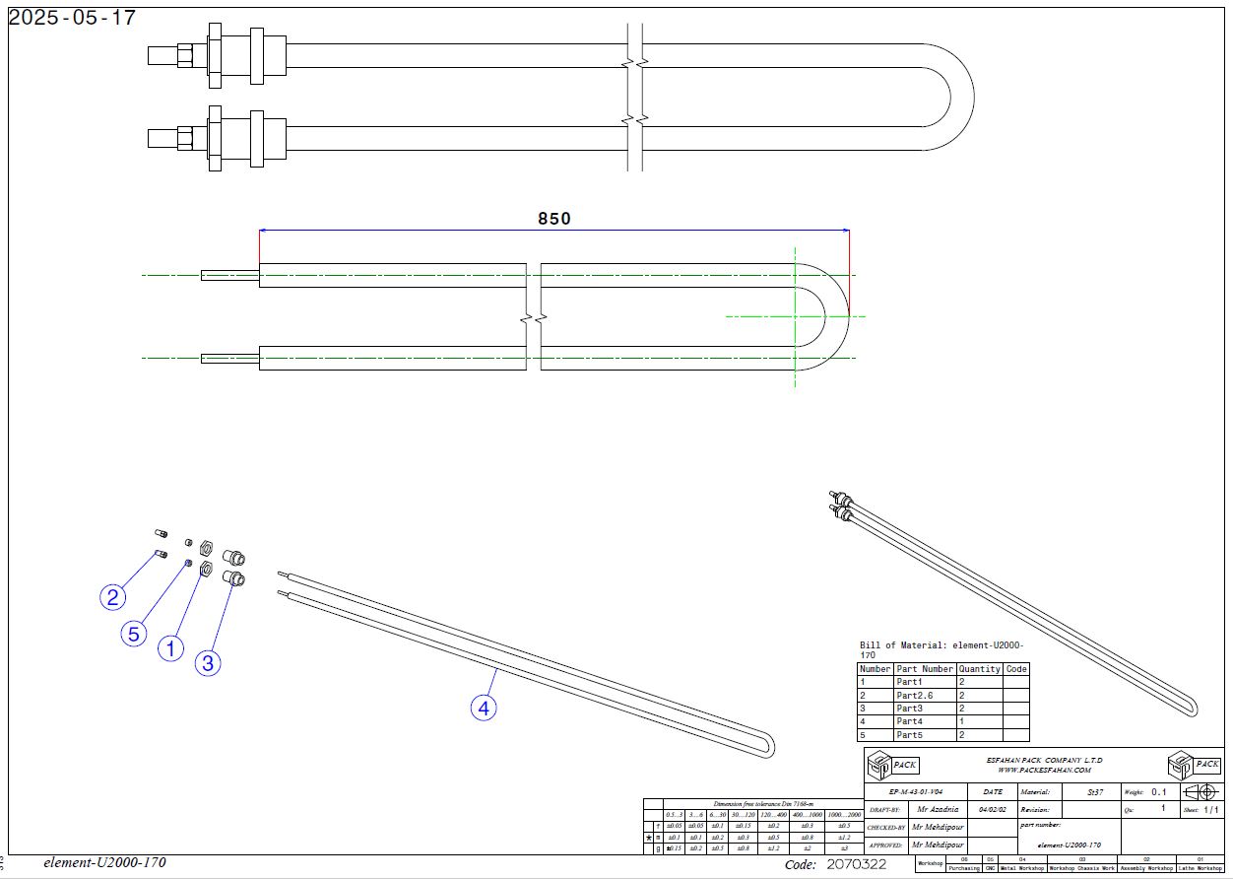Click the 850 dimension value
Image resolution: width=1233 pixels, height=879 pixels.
tap(553, 219)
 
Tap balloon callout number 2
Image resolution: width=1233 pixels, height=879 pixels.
tap(114, 597)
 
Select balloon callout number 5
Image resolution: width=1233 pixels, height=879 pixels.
tap(134, 634)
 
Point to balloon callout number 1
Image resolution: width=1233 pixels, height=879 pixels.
tap(171, 648)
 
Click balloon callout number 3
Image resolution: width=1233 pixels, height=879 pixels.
tap(207, 663)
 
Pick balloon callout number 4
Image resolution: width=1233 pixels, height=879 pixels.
tap(483, 707)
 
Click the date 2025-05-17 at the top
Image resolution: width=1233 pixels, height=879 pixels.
tap(72, 18)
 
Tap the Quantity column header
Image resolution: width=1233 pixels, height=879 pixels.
tap(979, 669)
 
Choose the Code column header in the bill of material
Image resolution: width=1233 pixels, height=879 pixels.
tap(1016, 669)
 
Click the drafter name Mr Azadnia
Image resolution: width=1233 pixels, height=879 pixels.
tap(937, 809)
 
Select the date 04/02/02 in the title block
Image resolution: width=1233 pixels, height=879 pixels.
tap(992, 809)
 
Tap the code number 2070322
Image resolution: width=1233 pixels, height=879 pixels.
tap(856, 865)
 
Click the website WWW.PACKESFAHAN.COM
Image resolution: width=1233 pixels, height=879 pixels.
tap(1044, 770)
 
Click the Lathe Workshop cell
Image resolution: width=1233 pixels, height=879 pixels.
tap(1201, 868)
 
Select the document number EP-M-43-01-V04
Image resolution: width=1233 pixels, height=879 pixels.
tap(916, 791)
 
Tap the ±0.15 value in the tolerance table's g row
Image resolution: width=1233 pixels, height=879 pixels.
tap(674, 848)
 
